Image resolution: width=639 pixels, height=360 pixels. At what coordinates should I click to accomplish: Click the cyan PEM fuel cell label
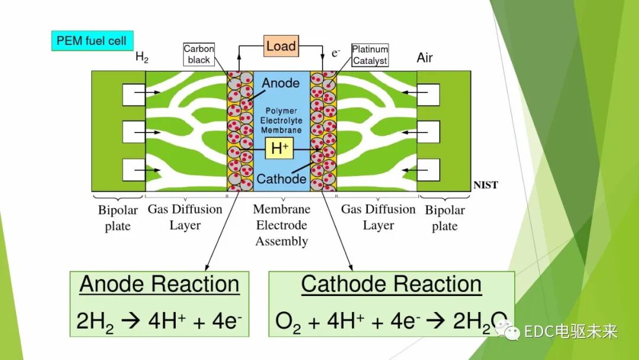pyautogui.click(x=92, y=41)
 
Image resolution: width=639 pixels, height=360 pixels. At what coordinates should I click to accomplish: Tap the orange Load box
pyautogui.click(x=281, y=46)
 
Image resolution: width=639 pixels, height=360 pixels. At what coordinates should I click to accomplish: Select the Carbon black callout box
pyautogui.click(x=199, y=54)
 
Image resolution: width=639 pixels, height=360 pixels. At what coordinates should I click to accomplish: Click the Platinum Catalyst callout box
pyautogui.click(x=370, y=54)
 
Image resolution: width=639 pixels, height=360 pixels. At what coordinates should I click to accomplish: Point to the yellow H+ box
pyautogui.click(x=279, y=149)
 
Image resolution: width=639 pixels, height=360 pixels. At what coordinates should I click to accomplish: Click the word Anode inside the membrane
pyautogui.click(x=280, y=83)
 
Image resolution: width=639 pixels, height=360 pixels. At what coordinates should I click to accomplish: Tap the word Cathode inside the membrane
pyautogui.click(x=282, y=179)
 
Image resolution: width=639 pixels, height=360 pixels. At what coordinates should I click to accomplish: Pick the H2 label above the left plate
pyautogui.click(x=142, y=57)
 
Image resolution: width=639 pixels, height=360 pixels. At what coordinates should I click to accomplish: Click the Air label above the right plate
pyautogui.click(x=425, y=57)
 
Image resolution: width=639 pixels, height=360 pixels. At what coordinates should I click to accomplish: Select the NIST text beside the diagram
pyautogui.click(x=485, y=185)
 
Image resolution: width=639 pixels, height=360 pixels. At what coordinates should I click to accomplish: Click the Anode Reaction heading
pyautogui.click(x=160, y=284)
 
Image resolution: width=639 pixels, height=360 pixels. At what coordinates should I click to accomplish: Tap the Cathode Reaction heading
pyautogui.click(x=391, y=284)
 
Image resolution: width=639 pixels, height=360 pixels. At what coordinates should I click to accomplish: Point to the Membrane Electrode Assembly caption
pyautogui.click(x=282, y=225)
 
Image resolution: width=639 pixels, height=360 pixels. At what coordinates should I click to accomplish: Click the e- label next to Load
pyautogui.click(x=336, y=53)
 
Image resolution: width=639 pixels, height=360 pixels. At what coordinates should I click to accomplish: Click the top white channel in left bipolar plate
pyautogui.click(x=134, y=94)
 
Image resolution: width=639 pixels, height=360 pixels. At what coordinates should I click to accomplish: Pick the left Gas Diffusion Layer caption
pyautogui.click(x=185, y=217)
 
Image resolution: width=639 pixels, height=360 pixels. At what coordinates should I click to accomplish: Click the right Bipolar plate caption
pyautogui.click(x=445, y=218)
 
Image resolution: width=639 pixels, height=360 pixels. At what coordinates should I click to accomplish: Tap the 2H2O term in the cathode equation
pyautogui.click(x=479, y=321)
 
